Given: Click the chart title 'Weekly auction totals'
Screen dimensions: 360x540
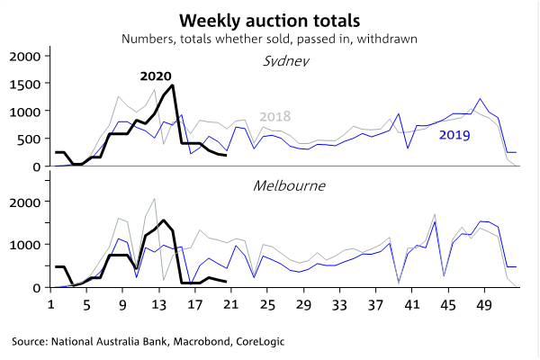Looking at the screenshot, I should click(270, 20).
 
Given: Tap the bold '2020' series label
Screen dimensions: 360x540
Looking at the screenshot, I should click(156, 76).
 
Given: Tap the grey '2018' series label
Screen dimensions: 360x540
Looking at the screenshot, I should click(275, 117).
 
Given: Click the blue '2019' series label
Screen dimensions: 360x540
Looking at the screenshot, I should click(454, 136).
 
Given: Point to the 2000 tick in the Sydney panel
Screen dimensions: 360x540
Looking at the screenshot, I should click(25, 57).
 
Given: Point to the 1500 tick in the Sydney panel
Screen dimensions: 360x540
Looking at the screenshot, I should click(25, 85).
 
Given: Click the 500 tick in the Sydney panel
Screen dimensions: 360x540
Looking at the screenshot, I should click(29, 139).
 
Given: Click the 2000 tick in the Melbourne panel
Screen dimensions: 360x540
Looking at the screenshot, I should click(25, 202).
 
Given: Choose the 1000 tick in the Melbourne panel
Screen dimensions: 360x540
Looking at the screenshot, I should click(25, 245).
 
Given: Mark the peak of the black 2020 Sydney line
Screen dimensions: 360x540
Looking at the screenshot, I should click(172, 85).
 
